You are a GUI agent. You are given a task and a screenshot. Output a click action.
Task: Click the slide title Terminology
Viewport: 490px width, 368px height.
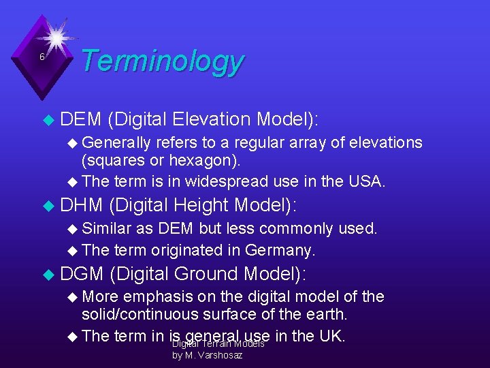161,61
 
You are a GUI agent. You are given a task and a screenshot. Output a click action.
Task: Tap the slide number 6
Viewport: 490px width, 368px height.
42,57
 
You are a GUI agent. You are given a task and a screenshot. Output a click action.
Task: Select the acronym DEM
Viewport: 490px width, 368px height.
80,119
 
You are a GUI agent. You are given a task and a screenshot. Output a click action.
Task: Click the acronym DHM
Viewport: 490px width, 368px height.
81,204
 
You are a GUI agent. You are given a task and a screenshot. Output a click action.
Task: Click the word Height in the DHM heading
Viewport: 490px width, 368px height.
201,204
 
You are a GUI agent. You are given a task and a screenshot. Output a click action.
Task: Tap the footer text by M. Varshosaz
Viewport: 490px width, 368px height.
207,356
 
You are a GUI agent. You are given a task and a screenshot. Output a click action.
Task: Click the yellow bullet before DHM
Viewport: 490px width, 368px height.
47,205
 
